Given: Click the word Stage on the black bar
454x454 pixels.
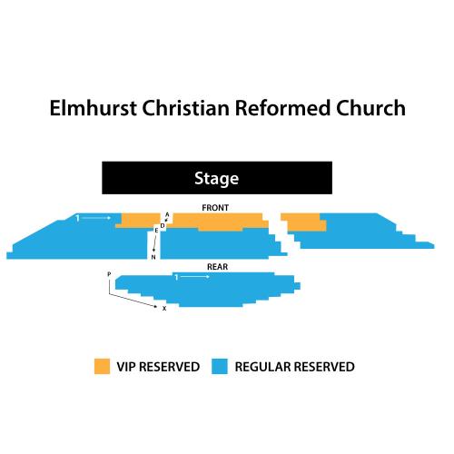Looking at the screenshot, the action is [216, 178].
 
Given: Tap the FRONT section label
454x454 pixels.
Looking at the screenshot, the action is [215, 208].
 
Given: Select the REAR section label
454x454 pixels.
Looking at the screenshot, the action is [217, 267].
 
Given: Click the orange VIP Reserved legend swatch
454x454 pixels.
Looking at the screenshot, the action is [102, 366].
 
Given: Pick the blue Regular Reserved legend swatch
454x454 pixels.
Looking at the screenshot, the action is [220, 366].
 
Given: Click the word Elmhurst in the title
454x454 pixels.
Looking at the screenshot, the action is [93, 108].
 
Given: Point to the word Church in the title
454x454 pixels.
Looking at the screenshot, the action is [370, 108].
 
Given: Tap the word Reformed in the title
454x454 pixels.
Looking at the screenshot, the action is [282, 108].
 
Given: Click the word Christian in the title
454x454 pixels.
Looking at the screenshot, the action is [185, 108].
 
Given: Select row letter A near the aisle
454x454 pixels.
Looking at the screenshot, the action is [167, 214].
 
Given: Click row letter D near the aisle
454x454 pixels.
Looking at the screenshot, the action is [163, 226].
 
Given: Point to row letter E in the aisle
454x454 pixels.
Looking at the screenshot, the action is [156, 231].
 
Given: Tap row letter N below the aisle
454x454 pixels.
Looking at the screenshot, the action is [153, 257].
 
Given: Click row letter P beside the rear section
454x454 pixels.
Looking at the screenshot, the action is [109, 274].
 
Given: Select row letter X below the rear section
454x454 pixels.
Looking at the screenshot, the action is [164, 309].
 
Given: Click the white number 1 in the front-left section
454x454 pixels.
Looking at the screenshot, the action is [77, 218].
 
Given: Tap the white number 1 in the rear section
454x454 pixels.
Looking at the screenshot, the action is [176, 277].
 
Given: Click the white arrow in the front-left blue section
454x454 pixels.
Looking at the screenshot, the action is [96, 218].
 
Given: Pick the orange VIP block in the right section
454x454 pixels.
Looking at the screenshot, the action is [304, 222].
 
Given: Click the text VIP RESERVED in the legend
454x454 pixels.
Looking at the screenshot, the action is [158, 367].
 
